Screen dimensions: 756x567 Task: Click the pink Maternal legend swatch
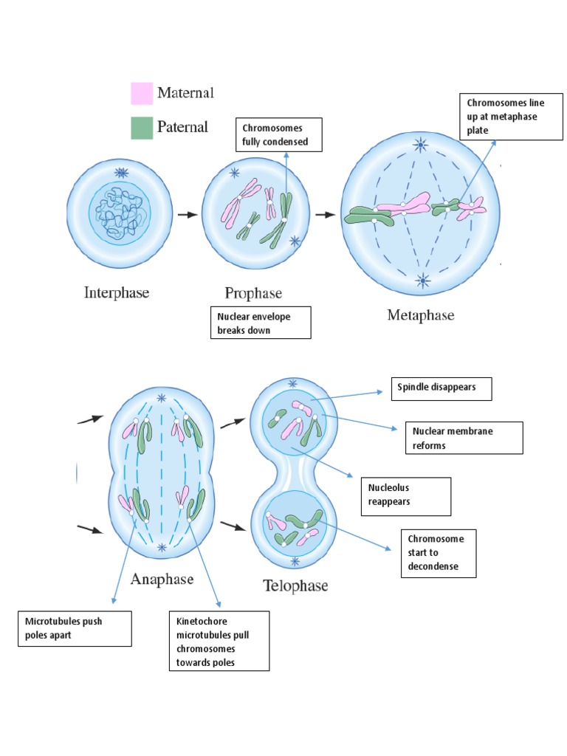[141, 93]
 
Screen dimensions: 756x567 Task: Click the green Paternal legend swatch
[141, 128]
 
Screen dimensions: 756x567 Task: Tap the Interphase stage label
[116, 292]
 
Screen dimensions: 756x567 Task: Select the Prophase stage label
[254, 293]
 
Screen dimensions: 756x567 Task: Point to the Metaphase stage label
[421, 315]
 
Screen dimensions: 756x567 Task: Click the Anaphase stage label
[162, 579]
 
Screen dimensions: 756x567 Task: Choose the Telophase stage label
[295, 586]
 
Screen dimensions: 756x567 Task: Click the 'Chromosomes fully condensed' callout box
[278, 134]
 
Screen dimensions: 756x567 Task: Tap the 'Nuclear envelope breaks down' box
[260, 323]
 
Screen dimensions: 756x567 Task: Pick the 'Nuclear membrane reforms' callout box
[464, 438]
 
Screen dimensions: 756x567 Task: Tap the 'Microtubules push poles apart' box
[75, 628]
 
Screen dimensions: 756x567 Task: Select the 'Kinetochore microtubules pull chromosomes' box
[218, 640]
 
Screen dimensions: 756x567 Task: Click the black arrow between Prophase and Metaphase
[324, 215]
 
